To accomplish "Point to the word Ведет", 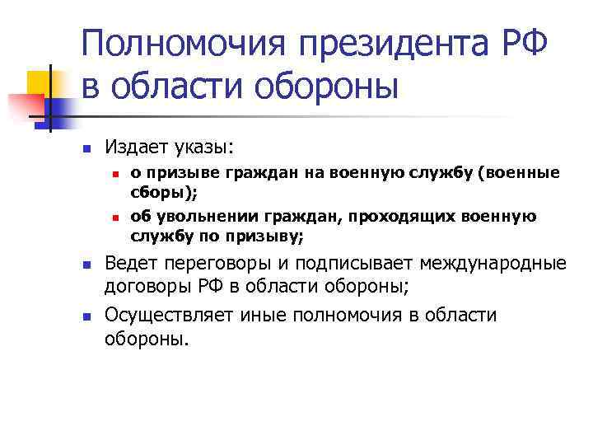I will click(132, 265).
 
